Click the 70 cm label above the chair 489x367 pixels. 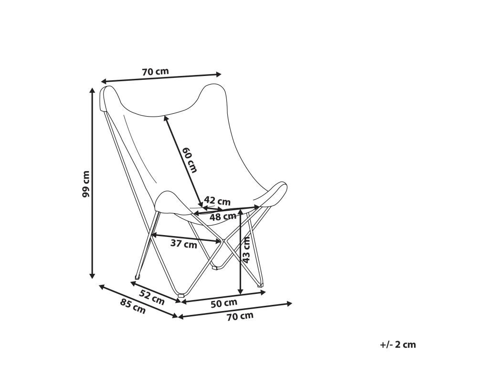click(155, 72)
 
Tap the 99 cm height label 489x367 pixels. click(85, 183)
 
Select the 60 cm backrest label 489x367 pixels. click(189, 160)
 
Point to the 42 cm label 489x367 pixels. click(217, 200)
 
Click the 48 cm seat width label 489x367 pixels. click(223, 216)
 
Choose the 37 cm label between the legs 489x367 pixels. click(184, 244)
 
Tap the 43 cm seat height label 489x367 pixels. click(247, 251)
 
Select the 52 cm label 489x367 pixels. click(152, 297)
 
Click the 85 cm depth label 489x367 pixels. click(132, 306)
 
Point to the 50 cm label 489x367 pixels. click(224, 302)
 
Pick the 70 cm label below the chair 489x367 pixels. click(240, 316)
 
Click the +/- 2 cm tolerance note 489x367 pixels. click(398, 345)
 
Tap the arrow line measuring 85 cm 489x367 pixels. click(138, 302)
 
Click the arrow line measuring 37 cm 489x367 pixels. click(186, 237)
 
